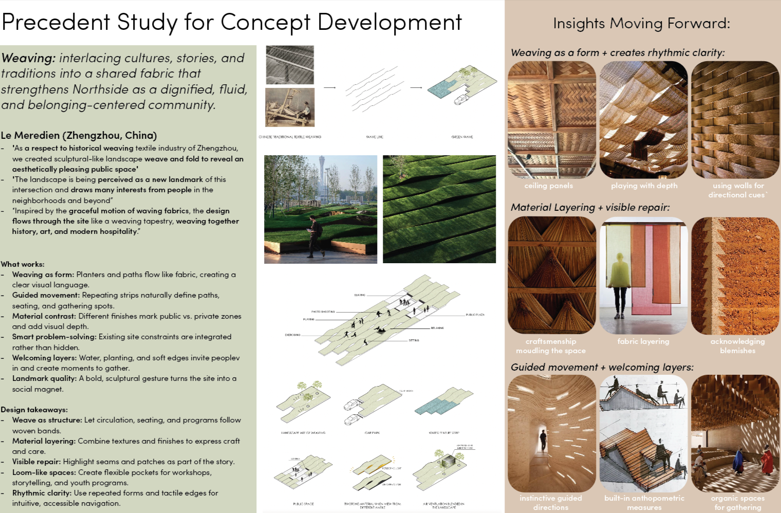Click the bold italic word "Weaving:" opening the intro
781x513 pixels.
tap(29, 58)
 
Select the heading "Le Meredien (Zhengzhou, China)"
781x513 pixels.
tap(79, 135)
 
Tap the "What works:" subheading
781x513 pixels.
tap(23, 264)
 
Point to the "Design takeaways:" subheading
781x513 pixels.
tap(34, 410)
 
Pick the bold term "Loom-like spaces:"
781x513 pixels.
tap(44, 472)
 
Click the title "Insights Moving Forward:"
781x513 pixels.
tap(641, 23)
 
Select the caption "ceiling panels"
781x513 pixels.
tap(548, 186)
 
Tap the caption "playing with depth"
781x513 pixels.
tap(644, 186)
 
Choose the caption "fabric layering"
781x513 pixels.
tap(643, 341)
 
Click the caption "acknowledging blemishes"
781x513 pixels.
tap(737, 346)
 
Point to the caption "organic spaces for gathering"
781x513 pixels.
tap(737, 503)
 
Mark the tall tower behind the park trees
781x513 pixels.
tap(322, 175)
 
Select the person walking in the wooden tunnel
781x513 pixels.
tap(543, 440)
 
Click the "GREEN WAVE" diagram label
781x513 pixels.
tap(462, 137)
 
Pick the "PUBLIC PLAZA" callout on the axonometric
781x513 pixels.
tap(475, 315)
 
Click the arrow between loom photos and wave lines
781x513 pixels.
tap(329, 87)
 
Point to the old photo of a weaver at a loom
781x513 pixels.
tap(290, 107)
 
